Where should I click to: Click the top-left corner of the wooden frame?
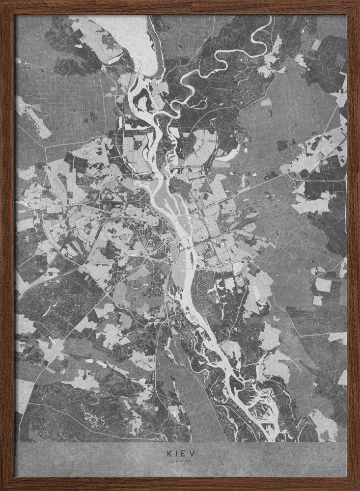(x=2, y=2)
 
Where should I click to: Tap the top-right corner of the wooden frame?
(x=357, y=2)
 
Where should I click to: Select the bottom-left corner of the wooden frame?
(x=2, y=488)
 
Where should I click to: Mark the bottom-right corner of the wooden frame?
(x=357, y=488)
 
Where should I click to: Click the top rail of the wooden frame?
(x=180, y=6)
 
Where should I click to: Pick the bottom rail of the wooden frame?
(x=180, y=484)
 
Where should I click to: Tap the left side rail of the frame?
(x=6, y=245)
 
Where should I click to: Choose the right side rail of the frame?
(x=353, y=245)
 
